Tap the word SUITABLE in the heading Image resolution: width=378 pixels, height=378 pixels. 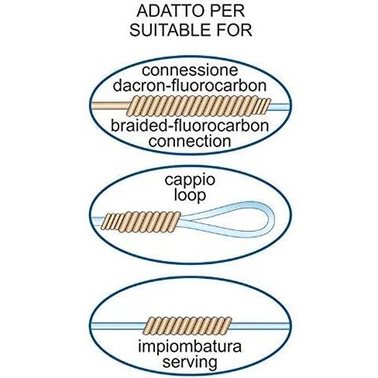point(170,29)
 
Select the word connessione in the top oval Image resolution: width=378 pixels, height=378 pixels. point(190,70)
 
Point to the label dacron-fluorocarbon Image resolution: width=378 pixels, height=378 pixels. point(190,85)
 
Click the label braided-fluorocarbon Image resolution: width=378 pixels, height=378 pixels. point(190,125)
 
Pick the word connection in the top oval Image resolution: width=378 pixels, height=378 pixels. point(190,141)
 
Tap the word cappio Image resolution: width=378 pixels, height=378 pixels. point(190,180)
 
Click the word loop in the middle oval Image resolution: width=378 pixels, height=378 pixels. point(190,195)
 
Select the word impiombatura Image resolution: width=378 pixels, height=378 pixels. point(190,346)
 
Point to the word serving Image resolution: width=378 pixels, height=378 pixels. point(190,362)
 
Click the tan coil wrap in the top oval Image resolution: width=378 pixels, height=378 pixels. point(198,106)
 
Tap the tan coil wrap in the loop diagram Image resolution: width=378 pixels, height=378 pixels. point(141,222)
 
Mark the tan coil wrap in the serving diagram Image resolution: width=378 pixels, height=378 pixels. point(187,326)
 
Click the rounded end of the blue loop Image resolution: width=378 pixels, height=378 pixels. point(272,220)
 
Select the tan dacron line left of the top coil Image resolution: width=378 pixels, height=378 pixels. point(111,106)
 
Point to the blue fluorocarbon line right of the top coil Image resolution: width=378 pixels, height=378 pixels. point(280,106)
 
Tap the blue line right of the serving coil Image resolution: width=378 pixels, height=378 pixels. point(260,326)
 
